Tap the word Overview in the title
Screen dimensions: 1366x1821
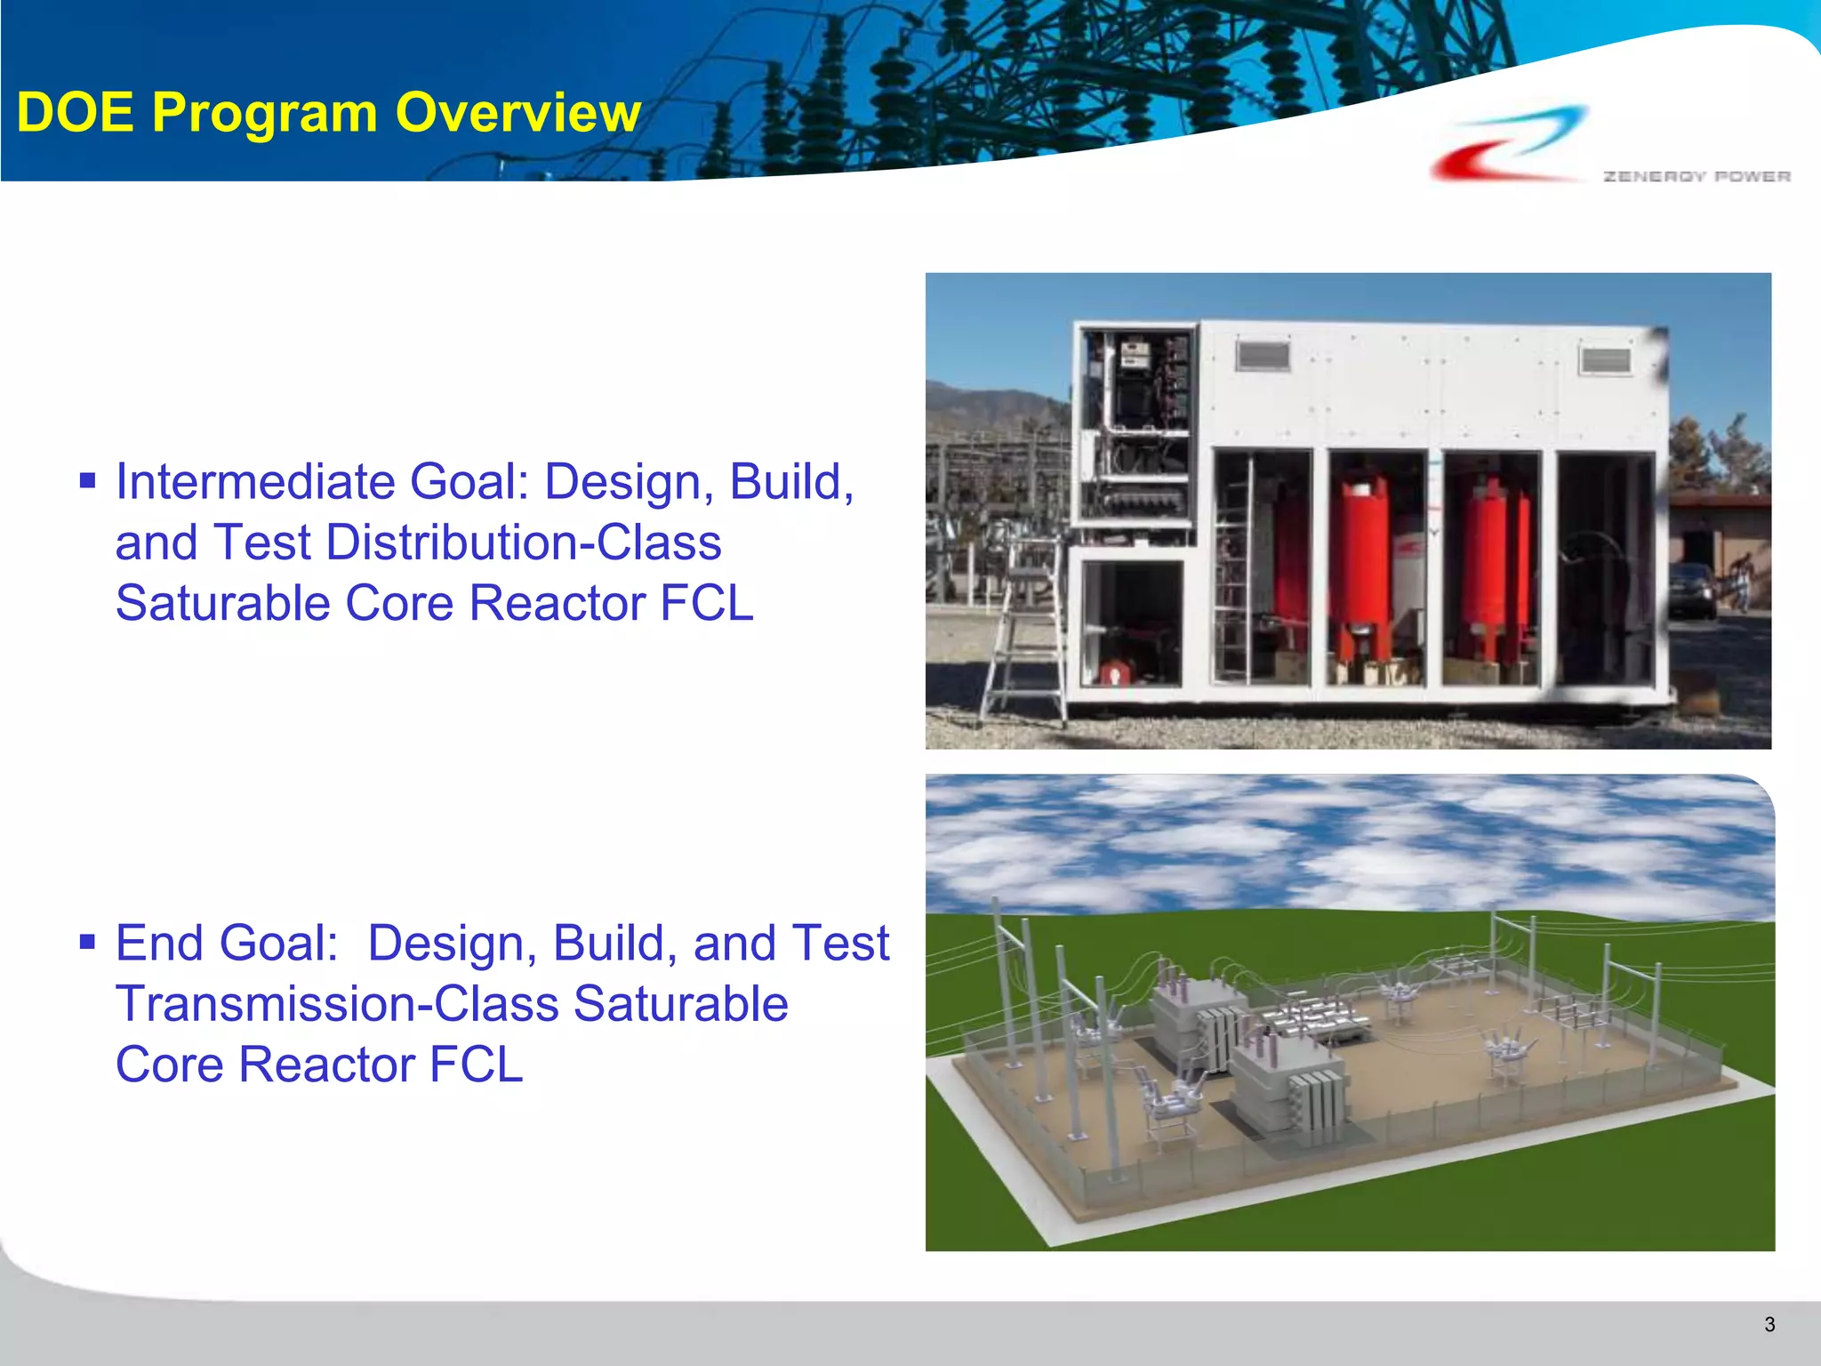tap(517, 113)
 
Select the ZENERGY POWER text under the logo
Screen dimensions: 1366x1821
tap(1696, 176)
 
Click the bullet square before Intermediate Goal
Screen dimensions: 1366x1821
tap(87, 482)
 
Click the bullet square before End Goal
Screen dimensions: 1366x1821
tap(87, 942)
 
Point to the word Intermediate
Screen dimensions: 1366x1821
tap(255, 482)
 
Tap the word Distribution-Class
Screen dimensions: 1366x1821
tap(524, 542)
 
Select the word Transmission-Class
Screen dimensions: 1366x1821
tap(337, 1004)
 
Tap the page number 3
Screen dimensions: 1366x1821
tap(1769, 1324)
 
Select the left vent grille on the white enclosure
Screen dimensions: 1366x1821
tap(1263, 357)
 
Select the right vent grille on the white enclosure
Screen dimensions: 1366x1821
tap(1605, 360)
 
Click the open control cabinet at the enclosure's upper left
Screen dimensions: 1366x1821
tap(1135, 427)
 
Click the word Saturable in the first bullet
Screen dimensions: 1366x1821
tap(223, 603)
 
